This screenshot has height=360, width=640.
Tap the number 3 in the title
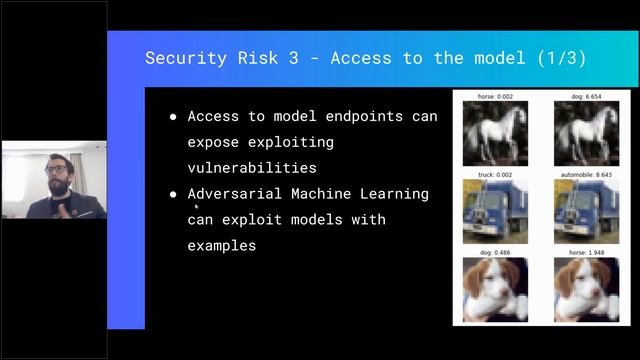(289, 57)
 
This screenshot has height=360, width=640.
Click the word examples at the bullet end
(221, 245)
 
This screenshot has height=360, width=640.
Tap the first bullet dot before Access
(173, 117)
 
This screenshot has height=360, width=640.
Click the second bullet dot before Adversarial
(173, 194)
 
